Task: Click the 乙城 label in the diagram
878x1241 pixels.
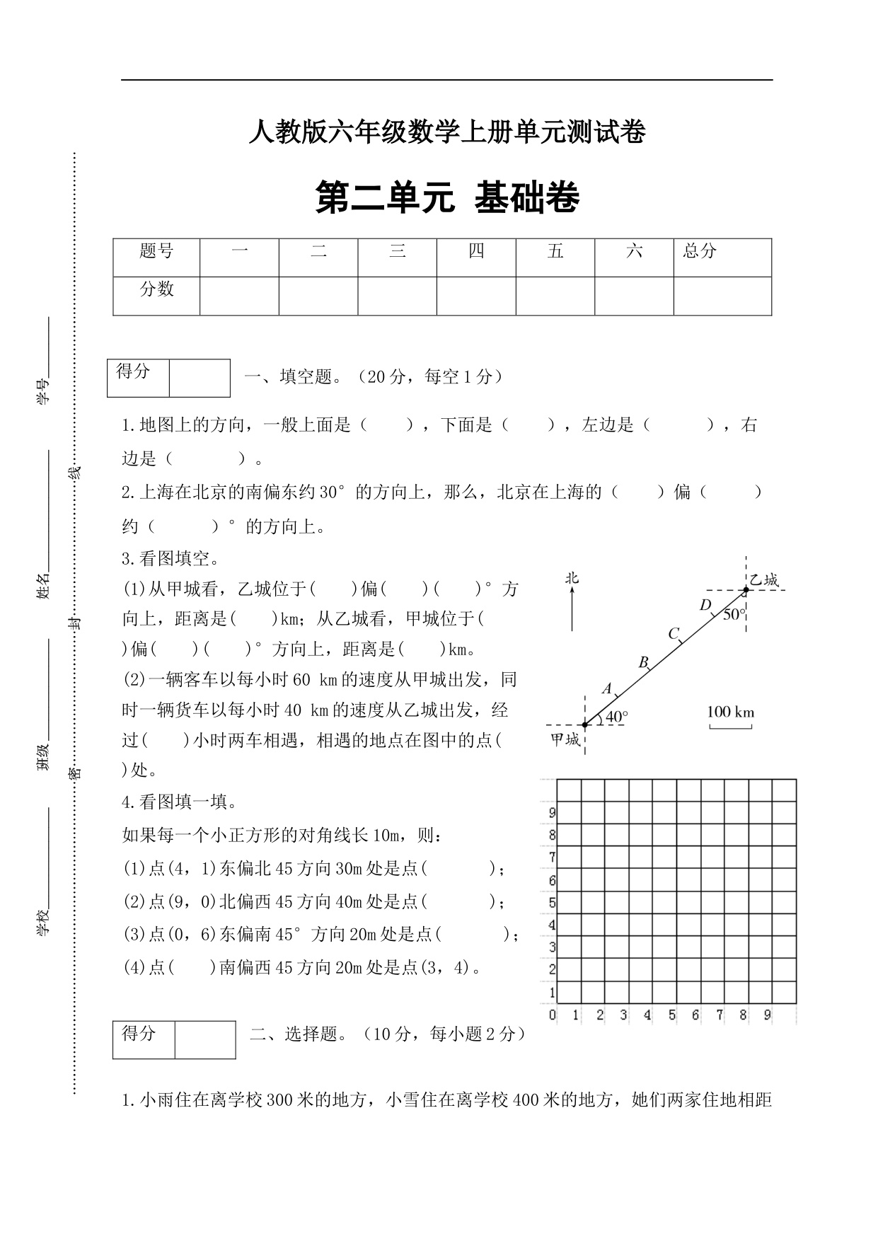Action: pos(764,580)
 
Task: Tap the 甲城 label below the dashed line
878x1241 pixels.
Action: pos(565,740)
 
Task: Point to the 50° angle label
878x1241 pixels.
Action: pos(734,614)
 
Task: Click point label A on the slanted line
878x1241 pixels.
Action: pos(607,688)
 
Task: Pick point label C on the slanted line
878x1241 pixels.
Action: pos(674,633)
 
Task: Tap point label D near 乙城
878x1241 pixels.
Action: pos(705,605)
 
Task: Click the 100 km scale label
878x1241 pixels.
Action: pos(731,711)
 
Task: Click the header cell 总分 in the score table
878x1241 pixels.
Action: pos(700,251)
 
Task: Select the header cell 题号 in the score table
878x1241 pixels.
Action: pos(156,251)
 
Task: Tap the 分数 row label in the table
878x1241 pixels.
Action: pos(156,289)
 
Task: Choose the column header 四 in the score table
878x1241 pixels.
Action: pos(476,251)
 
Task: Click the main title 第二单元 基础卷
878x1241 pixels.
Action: pos(447,198)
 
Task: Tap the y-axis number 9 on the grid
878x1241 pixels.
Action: pos(553,813)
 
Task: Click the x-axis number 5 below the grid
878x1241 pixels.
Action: pos(671,1015)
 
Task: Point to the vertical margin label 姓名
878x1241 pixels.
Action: pos(44,586)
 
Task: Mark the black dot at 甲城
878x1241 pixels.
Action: pos(584,725)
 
